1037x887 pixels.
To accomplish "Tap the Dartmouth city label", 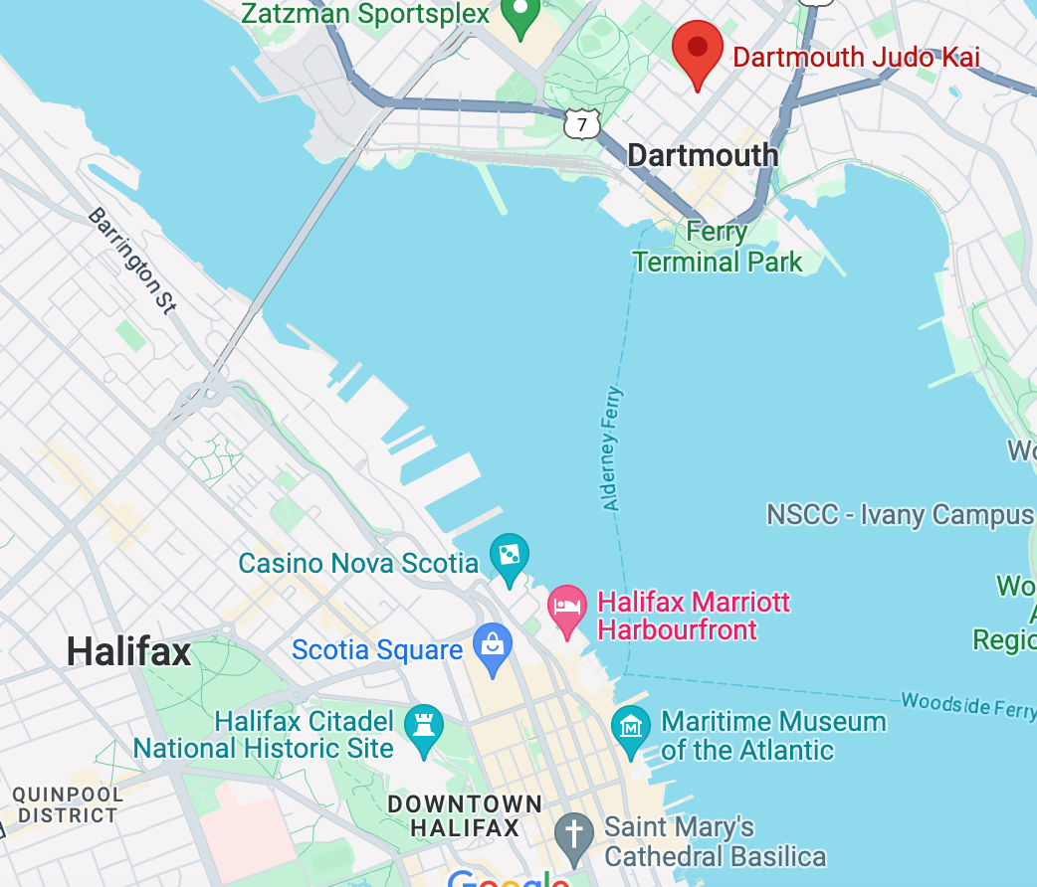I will [703, 155].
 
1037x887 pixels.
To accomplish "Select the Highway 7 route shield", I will [581, 123].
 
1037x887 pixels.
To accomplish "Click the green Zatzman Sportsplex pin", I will [518, 14].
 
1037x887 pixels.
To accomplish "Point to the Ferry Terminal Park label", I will [718, 248].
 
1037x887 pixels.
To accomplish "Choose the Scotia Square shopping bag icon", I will [492, 644].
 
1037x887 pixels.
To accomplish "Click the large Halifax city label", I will [128, 653].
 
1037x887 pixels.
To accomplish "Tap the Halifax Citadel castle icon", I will [425, 726].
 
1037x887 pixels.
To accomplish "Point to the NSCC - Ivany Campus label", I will [900, 515].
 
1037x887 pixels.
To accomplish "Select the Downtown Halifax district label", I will [465, 815].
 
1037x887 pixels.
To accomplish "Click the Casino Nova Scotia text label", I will [358, 564].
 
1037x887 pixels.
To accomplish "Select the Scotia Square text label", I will [377, 650].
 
